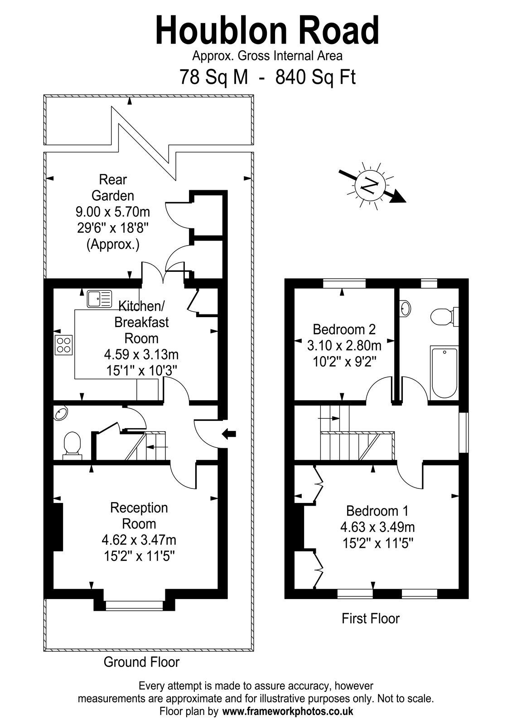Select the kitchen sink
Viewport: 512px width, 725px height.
coord(99,299)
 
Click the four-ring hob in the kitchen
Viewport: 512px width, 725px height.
coord(64,345)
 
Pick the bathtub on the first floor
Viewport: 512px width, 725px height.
coord(444,372)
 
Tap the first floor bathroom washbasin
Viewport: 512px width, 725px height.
coord(405,308)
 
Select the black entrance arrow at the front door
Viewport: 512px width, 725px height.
coord(229,433)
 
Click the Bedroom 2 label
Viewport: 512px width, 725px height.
coord(344,329)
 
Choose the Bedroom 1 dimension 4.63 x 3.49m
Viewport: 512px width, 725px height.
coord(377,527)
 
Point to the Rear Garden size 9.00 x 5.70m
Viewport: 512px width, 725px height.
coord(113,212)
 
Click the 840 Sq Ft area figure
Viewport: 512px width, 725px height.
coord(315,77)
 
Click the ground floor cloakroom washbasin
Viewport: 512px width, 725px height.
coord(61,413)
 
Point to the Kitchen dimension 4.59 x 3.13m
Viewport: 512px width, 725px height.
coord(141,355)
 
